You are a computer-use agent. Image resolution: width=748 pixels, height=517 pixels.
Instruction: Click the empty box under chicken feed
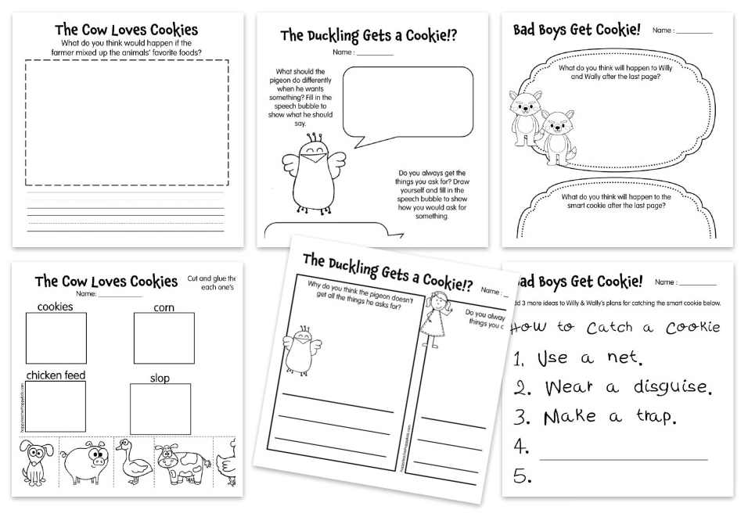point(56,407)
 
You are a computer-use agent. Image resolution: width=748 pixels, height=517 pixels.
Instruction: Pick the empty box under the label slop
point(160,409)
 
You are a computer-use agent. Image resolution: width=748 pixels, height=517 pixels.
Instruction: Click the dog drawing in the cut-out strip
point(36,464)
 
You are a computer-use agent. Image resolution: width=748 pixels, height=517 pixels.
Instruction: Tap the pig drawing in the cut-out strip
point(85,463)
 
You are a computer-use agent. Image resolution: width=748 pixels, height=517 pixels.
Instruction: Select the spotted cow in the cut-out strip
point(179,465)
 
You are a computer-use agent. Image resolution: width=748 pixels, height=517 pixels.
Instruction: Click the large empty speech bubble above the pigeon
point(408,102)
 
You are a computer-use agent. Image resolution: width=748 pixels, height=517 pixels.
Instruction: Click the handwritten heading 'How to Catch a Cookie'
point(614,327)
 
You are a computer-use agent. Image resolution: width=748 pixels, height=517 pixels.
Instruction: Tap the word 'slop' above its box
point(160,379)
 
